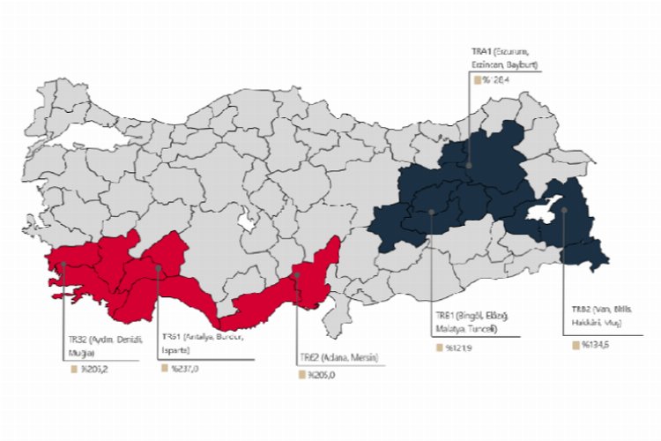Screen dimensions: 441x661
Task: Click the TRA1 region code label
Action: coord(482,52)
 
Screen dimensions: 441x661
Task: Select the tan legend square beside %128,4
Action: coord(477,79)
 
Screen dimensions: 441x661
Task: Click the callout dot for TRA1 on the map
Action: coord(468,164)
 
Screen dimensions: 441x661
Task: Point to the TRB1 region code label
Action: coord(444,315)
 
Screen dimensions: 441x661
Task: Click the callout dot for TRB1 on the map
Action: coord(431,213)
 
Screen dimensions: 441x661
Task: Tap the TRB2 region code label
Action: coord(580,310)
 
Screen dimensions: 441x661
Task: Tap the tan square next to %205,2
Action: coord(75,369)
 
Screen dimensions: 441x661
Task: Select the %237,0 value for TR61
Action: coord(185,369)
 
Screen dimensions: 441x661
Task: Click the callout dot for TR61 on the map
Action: coord(158,267)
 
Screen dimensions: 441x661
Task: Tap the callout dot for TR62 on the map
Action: coord(298,275)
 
